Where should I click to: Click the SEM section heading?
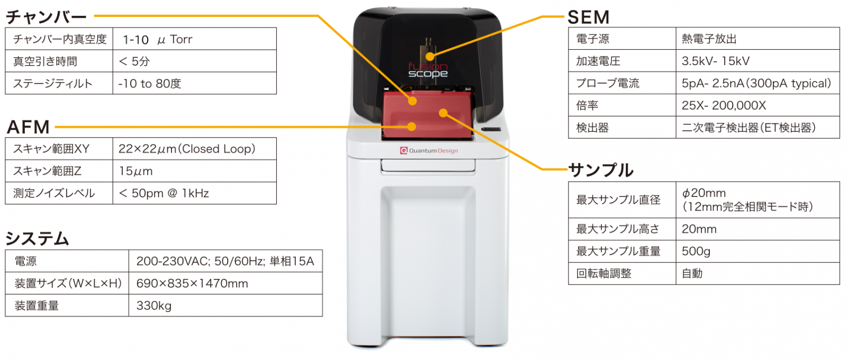point(588,17)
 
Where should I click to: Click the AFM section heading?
point(28,127)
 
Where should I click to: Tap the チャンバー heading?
point(46,17)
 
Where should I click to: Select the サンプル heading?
point(601,170)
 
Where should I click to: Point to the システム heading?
point(37,239)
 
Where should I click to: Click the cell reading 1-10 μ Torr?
point(157,40)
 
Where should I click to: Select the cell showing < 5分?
point(134,61)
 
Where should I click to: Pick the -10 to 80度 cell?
point(150,84)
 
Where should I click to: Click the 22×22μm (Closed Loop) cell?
point(187,149)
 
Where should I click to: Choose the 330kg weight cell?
point(154,305)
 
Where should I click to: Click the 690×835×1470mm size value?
point(192,283)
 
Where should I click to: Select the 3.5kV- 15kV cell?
point(715,61)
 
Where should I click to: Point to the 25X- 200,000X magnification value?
point(724,105)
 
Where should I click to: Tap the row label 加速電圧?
point(598,61)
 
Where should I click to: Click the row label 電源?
point(25,261)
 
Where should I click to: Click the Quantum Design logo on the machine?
point(429,151)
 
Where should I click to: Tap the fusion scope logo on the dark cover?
point(428,70)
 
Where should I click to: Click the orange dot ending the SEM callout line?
point(430,56)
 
